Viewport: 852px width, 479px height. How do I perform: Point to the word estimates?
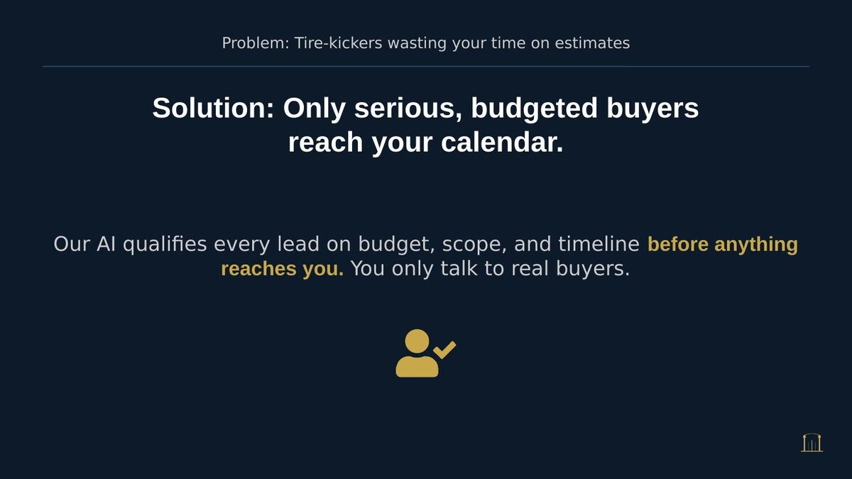point(592,43)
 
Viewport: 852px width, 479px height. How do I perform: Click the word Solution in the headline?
point(213,109)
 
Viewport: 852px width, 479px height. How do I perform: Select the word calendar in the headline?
point(501,143)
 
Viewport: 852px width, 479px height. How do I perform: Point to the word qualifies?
point(165,245)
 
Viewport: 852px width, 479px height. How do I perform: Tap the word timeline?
point(599,245)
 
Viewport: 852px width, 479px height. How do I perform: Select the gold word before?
point(678,245)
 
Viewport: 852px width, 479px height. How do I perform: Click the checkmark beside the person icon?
point(445,349)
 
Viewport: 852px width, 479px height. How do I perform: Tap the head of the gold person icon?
point(417,341)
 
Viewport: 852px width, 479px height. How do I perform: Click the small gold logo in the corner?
point(812,443)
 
